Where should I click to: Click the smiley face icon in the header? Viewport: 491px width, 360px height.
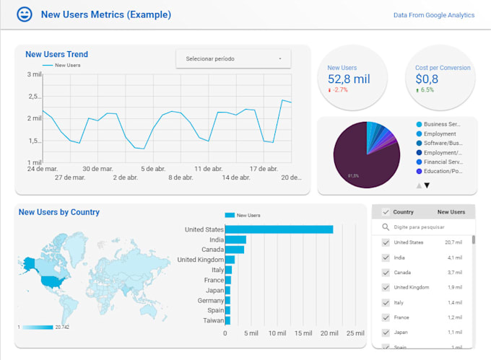(25, 14)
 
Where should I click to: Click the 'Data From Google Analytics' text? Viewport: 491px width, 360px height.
(433, 14)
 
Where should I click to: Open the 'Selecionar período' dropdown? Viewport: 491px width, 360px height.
(233, 58)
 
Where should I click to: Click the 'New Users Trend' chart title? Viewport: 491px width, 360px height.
(56, 54)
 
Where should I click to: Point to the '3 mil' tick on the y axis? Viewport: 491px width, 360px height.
(34, 74)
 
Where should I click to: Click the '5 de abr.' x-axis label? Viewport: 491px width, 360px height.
(153, 168)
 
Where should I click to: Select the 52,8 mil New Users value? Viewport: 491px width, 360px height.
(348, 79)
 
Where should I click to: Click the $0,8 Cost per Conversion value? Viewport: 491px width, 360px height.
(426, 79)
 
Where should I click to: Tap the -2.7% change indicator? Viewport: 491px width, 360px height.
(338, 90)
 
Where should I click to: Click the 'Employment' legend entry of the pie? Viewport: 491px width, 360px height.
(439, 133)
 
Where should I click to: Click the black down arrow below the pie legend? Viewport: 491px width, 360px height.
(427, 185)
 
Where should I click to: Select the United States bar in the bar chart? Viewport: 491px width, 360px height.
(279, 229)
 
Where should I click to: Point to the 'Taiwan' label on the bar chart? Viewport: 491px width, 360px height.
(213, 320)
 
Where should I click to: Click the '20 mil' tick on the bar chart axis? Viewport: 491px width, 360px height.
(329, 333)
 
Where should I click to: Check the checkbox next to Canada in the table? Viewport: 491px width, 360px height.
(386, 273)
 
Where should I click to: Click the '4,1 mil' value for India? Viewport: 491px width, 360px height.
(455, 258)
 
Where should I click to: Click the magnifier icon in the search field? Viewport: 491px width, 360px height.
(386, 227)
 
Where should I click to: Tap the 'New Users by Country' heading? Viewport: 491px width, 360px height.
(59, 212)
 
